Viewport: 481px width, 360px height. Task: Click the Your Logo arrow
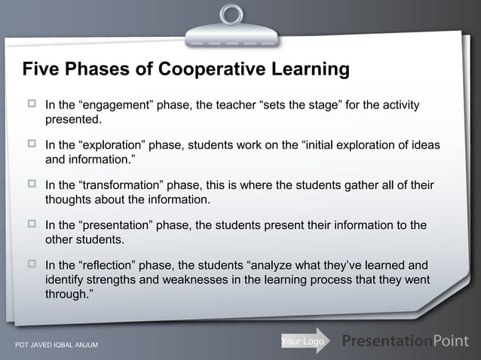[304, 342]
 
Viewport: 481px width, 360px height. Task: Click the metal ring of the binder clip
[232, 14]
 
